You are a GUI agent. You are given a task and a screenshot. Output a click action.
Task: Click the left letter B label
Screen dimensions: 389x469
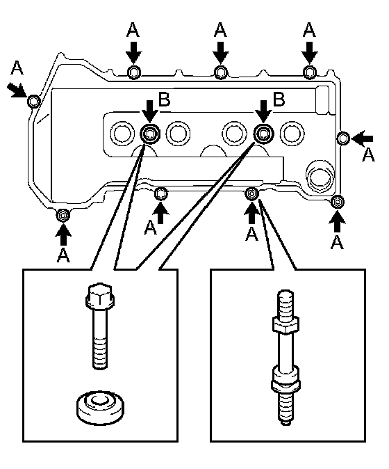164,100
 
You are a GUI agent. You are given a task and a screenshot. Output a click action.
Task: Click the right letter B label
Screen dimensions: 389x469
279,100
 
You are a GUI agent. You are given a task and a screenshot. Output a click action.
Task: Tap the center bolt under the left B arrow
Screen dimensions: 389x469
150,134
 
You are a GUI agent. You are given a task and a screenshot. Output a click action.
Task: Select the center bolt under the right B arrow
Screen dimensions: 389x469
263,133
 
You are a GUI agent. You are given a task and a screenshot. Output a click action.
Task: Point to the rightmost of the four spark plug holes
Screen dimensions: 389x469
292,133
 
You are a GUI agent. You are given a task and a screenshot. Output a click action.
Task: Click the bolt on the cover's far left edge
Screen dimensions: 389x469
34,101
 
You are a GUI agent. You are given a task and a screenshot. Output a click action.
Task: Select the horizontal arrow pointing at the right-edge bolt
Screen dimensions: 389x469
362,138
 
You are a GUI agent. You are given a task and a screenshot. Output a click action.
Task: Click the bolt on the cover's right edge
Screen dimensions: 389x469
343,138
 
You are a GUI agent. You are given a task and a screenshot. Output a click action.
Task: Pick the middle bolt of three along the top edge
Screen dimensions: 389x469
221,72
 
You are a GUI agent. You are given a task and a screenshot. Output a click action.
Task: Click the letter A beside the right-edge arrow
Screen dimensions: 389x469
367,154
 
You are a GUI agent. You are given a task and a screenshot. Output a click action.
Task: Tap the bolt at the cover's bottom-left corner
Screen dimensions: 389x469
63,215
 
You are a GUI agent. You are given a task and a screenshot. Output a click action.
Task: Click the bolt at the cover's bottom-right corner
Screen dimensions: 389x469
338,202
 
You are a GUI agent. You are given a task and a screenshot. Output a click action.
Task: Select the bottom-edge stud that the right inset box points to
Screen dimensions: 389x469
252,194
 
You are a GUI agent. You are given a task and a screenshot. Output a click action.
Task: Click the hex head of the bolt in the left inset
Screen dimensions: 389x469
100,296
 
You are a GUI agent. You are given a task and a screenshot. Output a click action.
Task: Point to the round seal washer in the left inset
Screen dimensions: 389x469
100,408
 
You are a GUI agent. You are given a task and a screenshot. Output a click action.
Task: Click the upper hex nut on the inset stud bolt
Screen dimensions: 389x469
285,325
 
